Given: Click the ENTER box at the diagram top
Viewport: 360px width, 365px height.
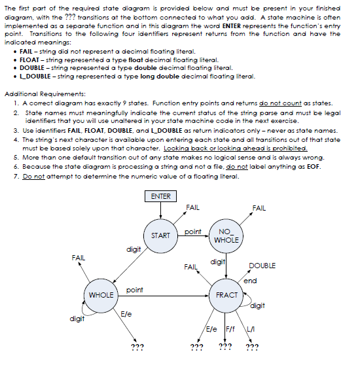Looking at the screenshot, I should click(160, 196).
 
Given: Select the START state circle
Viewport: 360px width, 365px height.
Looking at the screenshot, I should click(160, 235).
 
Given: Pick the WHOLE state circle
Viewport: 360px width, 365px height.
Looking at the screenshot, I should click(101, 295).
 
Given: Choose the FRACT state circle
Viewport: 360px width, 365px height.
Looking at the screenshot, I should click(226, 295).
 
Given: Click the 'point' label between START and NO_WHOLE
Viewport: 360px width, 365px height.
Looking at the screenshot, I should click(193, 232).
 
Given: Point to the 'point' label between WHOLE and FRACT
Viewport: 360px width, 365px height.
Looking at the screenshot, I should click(134, 289).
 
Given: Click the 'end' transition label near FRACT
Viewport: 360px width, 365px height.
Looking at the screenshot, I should click(249, 281).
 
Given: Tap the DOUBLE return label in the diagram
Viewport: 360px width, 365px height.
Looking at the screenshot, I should click(262, 266).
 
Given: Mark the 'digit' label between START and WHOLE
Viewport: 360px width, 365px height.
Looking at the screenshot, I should click(134, 249).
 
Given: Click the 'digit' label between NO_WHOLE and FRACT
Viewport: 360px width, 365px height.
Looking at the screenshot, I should click(218, 262).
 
